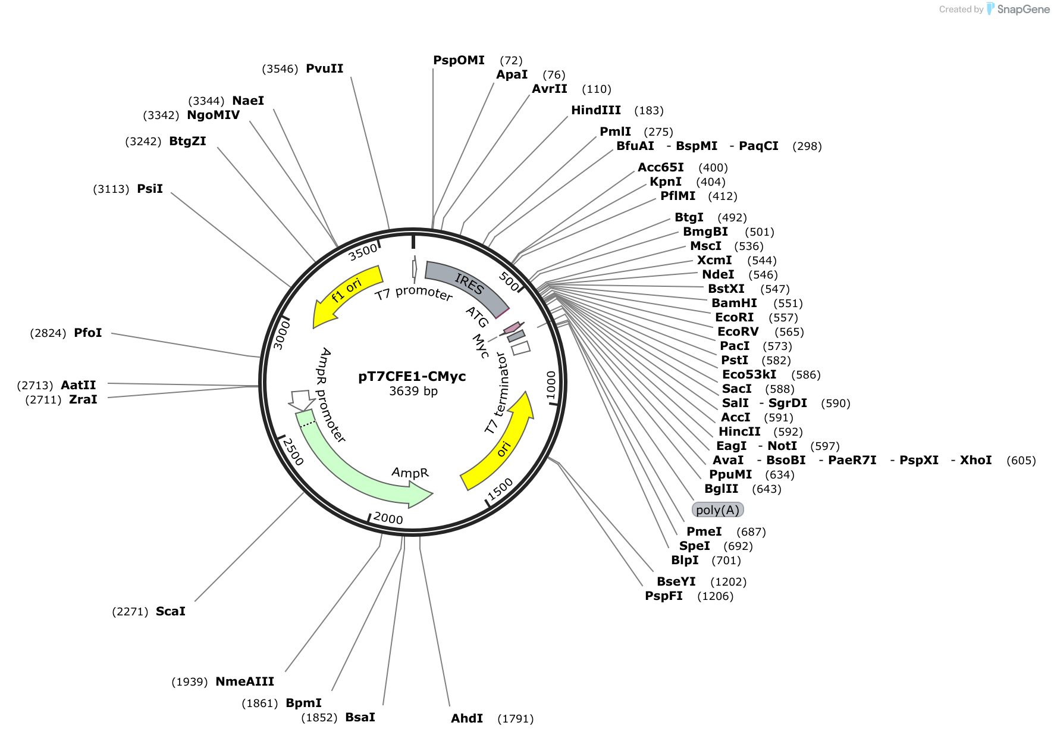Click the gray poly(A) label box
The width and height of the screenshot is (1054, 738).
717,510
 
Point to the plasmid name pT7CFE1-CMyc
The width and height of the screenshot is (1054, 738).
412,377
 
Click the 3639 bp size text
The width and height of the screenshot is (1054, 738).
413,391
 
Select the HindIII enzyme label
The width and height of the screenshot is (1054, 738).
596,110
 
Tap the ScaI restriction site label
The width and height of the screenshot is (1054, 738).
171,611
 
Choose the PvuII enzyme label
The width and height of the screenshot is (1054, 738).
324,68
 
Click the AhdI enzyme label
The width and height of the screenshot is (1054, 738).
467,718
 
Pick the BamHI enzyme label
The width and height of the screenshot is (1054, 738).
735,303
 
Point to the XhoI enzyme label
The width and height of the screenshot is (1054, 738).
975,460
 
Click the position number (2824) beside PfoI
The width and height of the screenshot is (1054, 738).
48,333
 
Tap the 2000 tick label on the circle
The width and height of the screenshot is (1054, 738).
388,518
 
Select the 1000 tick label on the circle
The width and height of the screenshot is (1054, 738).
551,385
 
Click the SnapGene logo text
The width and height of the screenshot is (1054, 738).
1023,9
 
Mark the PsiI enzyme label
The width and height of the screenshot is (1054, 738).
150,189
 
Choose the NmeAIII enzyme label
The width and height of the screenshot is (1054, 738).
244,681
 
